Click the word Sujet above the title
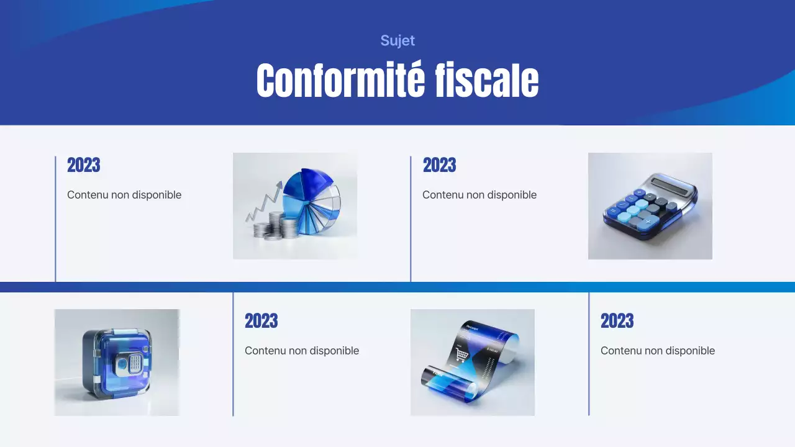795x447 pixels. tap(397, 41)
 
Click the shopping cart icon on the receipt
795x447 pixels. tap(461, 354)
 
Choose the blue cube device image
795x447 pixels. tap(117, 362)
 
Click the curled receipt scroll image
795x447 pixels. tap(472, 362)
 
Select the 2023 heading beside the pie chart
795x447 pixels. tap(83, 166)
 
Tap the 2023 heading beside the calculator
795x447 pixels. tap(439, 166)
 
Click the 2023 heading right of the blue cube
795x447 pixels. tap(261, 322)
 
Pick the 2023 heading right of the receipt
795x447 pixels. tap(617, 322)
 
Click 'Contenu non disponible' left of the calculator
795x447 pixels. tap(479, 195)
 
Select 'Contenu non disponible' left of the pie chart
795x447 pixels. tap(124, 195)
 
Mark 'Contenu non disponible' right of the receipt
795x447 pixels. tap(657, 351)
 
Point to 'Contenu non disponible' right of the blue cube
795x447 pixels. tap(302, 351)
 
